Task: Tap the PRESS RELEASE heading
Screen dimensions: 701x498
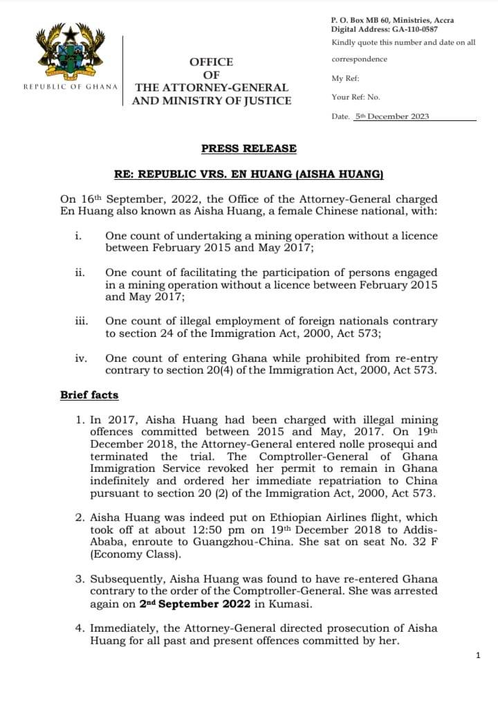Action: click(248, 149)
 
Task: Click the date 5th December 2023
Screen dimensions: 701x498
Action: click(391, 116)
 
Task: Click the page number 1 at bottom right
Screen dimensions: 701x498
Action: click(478, 655)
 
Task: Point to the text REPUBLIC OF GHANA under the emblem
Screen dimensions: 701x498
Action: click(70, 87)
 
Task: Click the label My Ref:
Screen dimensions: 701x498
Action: click(345, 78)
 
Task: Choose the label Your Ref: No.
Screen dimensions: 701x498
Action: click(356, 98)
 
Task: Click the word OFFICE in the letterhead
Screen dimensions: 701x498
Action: click(211, 62)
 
